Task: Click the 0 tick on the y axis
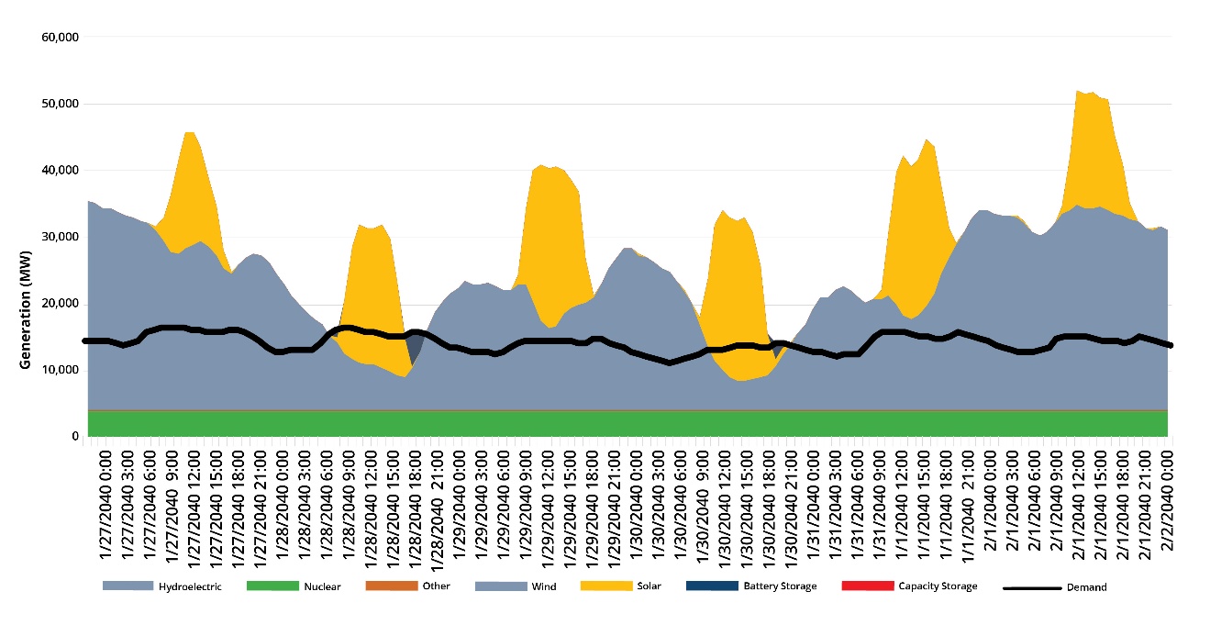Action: coord(72,437)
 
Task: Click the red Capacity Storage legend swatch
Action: coord(867,586)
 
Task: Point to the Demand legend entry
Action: coord(1087,587)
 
